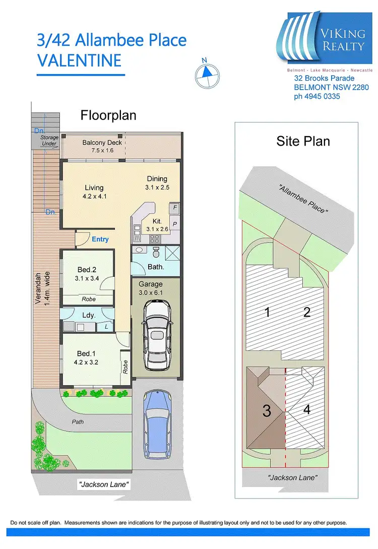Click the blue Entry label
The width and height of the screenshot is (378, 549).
(100, 239)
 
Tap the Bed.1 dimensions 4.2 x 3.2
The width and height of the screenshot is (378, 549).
(86, 362)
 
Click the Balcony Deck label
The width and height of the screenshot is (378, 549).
(102, 143)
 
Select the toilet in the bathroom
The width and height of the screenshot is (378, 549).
(156, 252)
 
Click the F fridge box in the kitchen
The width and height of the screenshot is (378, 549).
(175, 207)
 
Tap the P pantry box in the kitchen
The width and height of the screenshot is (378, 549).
(175, 223)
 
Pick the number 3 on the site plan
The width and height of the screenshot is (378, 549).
(267, 411)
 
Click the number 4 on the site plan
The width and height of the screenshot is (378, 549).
(306, 409)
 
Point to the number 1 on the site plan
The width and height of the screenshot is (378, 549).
(267, 313)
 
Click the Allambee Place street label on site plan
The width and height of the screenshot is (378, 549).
(303, 198)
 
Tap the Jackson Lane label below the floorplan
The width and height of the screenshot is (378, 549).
(104, 484)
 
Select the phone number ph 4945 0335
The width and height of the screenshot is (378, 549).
(317, 96)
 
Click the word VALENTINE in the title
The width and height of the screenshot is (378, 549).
(79, 60)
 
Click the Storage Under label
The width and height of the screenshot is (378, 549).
(49, 141)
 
